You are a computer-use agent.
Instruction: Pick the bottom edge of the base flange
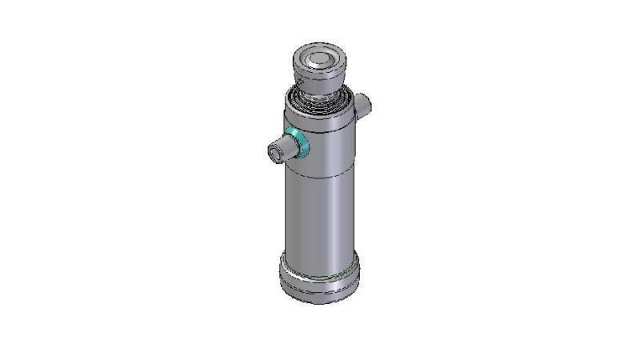click(319, 301)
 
